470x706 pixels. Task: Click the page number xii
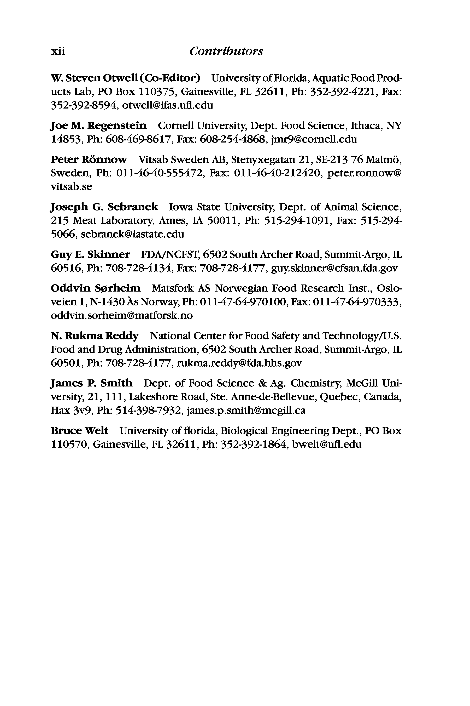pyautogui.click(x=58, y=51)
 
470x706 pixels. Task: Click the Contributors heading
pyautogui.click(x=226, y=51)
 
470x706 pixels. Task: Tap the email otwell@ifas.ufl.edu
pyautogui.click(x=168, y=105)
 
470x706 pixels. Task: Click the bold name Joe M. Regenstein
pyautogui.click(x=99, y=126)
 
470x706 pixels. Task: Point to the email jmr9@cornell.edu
pyautogui.click(x=314, y=139)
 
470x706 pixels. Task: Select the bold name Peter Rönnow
pyautogui.click(x=89, y=160)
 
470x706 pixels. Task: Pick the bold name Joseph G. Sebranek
pyautogui.click(x=104, y=207)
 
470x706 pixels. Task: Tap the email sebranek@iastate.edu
pyautogui.click(x=132, y=234)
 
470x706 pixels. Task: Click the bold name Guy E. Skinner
pyautogui.click(x=90, y=254)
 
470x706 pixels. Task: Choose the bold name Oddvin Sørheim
pyautogui.click(x=95, y=288)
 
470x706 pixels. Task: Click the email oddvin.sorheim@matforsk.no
pyautogui.click(x=122, y=316)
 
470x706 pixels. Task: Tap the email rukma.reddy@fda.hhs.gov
pyautogui.click(x=239, y=363)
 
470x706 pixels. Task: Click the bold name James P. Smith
pyautogui.click(x=91, y=383)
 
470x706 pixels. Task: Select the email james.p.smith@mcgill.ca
pyautogui.click(x=246, y=411)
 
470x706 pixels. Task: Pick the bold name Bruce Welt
pyautogui.click(x=79, y=431)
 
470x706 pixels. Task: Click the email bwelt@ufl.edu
pyautogui.click(x=326, y=445)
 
